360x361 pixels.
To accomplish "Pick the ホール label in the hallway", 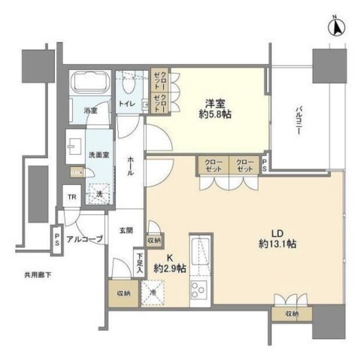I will (132, 165).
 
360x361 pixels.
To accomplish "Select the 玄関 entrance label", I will (126, 231).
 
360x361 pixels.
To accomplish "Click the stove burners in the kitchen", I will (198, 289).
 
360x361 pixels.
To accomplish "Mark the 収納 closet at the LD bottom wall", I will (290, 314).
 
